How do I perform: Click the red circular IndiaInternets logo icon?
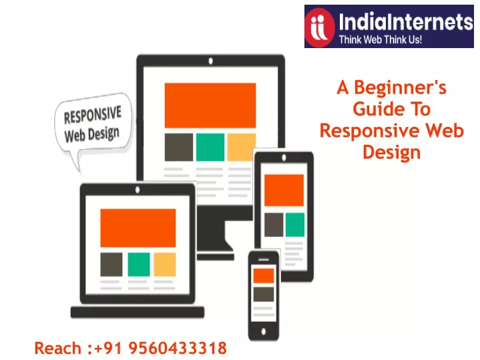click(x=320, y=27)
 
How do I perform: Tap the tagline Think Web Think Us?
click(x=381, y=39)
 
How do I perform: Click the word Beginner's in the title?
click(x=400, y=88)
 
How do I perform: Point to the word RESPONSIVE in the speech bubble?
click(x=92, y=115)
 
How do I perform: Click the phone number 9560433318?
click(x=178, y=348)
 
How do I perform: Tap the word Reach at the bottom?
click(x=57, y=349)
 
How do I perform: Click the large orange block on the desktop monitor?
click(x=210, y=105)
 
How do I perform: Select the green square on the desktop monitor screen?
click(x=210, y=147)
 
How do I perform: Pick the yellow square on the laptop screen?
click(x=164, y=264)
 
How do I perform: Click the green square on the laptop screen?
click(x=139, y=264)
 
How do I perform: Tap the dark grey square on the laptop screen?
click(x=111, y=264)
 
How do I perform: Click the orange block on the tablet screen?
click(x=284, y=190)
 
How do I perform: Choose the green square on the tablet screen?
click(x=295, y=224)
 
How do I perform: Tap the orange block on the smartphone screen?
click(x=264, y=276)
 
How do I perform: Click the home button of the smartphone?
click(x=264, y=331)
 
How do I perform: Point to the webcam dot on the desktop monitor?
click(x=210, y=61)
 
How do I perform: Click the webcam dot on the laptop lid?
click(x=138, y=190)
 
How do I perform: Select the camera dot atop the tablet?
click(x=284, y=158)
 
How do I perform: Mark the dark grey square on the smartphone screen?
click(x=264, y=294)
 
